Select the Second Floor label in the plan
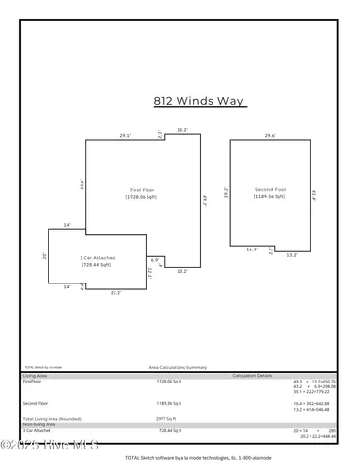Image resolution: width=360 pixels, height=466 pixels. coord(271,190)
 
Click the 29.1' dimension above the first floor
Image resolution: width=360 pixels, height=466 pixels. coord(125,135)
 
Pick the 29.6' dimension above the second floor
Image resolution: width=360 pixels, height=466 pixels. coord(269,135)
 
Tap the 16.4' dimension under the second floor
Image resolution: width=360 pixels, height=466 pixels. coord(251,250)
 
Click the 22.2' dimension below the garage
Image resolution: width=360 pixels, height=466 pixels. coord(115,292)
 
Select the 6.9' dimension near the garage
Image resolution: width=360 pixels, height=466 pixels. coord(154,259)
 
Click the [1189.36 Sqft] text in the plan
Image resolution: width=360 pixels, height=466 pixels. coord(271,198)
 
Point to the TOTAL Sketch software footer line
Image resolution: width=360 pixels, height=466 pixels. coord(183,456)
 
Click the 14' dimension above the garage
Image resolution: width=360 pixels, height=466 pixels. coord(67,225)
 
